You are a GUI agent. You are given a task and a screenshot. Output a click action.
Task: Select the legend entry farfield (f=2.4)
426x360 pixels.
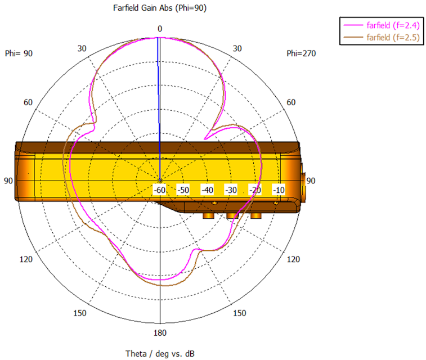point(393,25)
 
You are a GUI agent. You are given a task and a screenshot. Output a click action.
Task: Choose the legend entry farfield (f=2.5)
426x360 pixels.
point(393,37)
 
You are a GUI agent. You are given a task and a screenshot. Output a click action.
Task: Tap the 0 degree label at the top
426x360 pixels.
point(160,29)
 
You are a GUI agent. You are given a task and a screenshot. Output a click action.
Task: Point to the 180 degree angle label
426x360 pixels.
point(160,333)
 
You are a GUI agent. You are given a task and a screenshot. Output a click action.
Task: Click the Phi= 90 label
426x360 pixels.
point(19,53)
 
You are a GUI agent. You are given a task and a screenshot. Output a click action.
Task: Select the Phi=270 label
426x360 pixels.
point(301,53)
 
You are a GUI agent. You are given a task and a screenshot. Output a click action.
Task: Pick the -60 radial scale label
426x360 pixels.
point(159,190)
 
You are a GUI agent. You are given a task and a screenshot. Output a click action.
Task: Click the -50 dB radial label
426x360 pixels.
point(183,190)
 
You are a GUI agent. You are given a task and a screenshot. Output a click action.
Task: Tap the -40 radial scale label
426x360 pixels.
point(207,190)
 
